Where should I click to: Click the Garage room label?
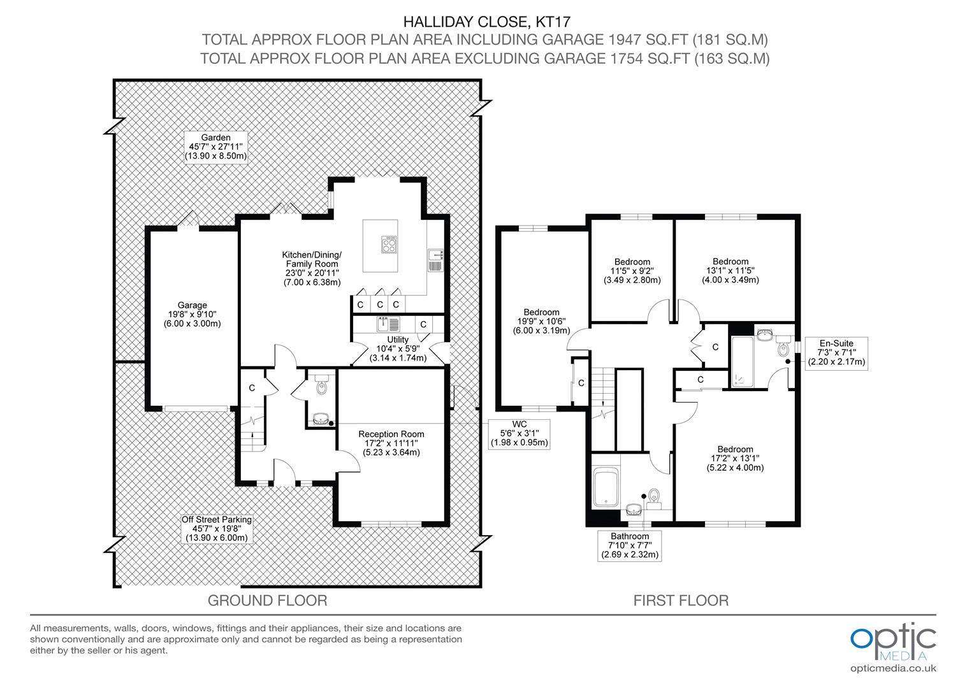[x=192, y=314]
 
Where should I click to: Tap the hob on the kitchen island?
[x=389, y=245]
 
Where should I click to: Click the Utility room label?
[x=398, y=348]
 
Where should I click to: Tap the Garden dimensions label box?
[x=215, y=147]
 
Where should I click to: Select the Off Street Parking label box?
[x=217, y=529]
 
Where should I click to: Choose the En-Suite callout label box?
[x=836, y=352]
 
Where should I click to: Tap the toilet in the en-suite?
[x=783, y=348]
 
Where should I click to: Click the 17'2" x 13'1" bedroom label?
[x=735, y=458]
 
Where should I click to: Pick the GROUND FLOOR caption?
[x=268, y=600]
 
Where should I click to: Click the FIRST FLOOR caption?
[x=680, y=600]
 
